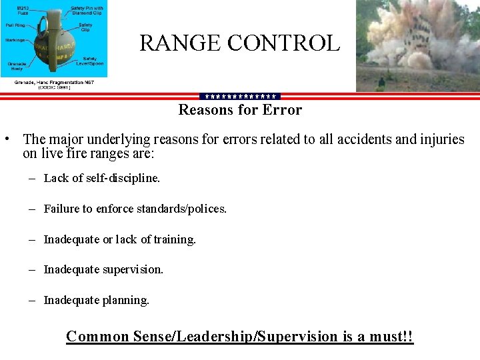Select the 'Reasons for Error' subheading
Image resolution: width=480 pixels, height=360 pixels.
click(240, 109)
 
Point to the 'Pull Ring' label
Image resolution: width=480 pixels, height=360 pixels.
click(15, 25)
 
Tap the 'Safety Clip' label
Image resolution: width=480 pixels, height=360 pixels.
click(85, 27)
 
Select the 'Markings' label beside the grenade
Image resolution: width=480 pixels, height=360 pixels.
click(14, 40)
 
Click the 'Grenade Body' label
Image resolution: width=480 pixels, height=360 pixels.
click(17, 65)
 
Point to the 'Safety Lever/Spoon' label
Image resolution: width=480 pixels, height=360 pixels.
click(89, 61)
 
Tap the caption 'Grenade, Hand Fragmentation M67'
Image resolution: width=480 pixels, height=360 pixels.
click(53, 82)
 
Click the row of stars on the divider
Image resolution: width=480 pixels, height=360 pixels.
click(240, 97)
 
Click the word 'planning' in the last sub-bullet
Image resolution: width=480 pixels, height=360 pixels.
click(126, 300)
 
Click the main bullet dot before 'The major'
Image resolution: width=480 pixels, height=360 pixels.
click(5, 139)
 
